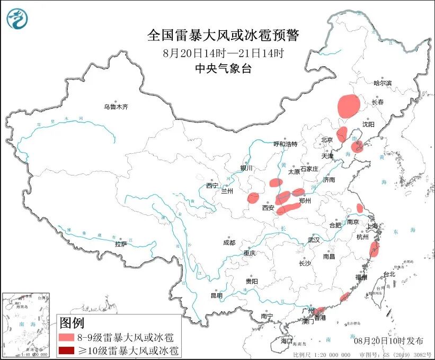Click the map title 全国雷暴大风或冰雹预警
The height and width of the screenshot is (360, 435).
point(223,36)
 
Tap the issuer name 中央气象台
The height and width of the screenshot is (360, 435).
point(223,68)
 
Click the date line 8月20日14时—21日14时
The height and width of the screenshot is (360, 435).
point(223,52)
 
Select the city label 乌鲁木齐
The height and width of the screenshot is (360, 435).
point(116,107)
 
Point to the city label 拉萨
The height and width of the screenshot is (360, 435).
point(121,244)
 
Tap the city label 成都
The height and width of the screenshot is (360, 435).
point(229,242)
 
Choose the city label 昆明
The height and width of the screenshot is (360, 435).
point(217,295)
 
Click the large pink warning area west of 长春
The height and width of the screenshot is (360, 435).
point(349,105)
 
